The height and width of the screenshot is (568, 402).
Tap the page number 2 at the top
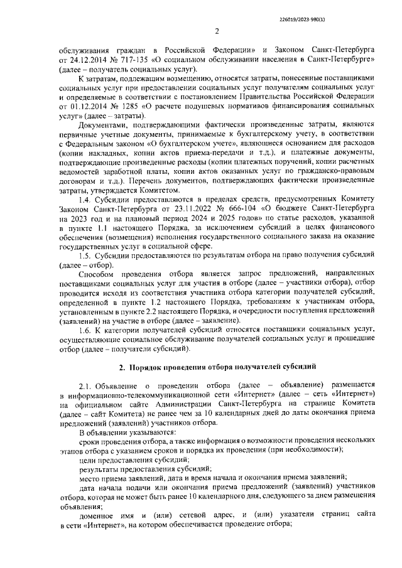pos(216,32)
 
